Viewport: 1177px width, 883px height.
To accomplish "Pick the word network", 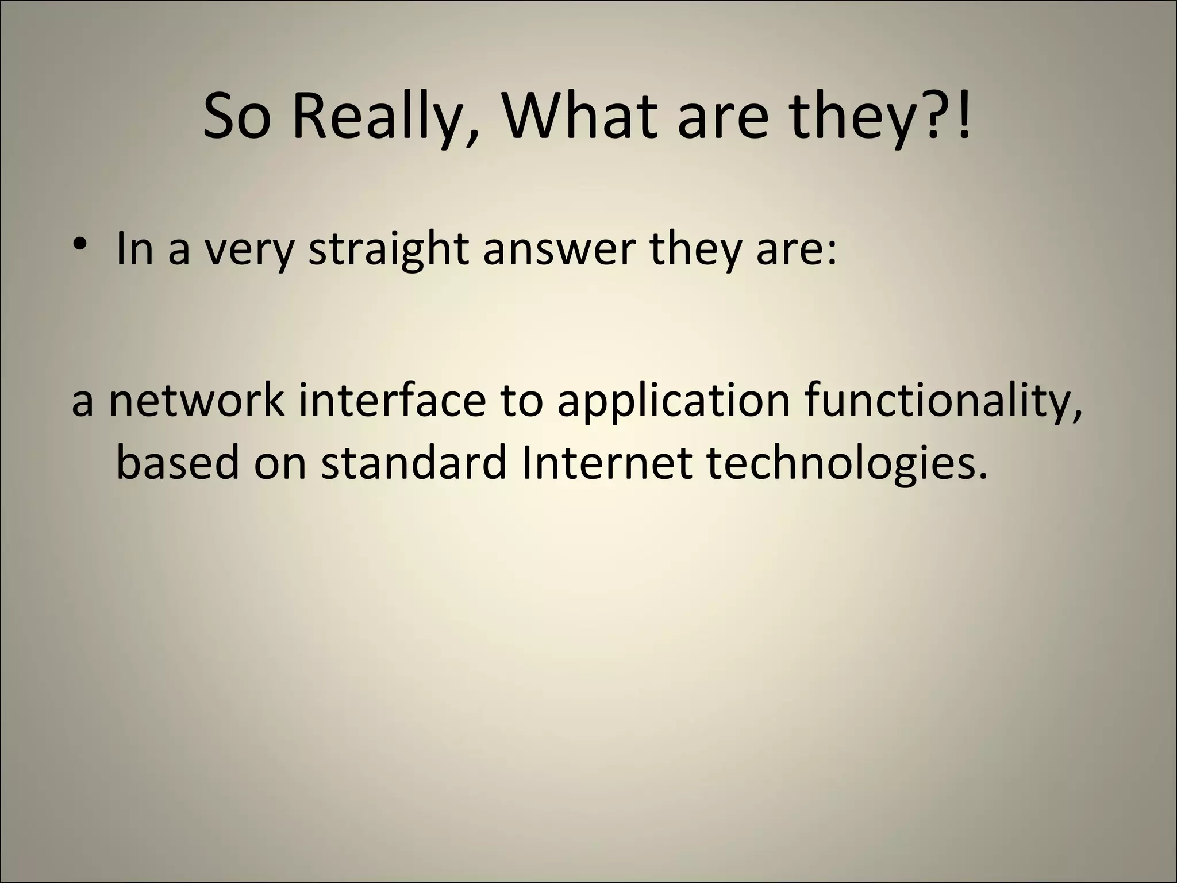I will (x=197, y=400).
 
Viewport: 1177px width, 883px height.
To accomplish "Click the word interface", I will (x=392, y=400).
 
